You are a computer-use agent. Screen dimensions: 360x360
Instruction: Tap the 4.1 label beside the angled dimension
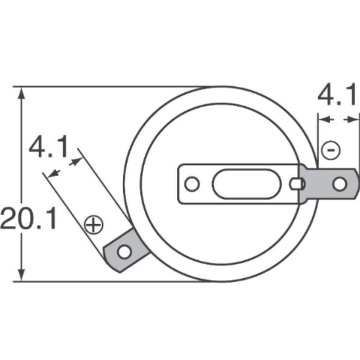pos(48,147)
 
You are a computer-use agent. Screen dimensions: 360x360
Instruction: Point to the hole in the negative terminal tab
pos(339,184)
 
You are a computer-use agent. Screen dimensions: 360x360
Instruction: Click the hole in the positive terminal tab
pos(124,252)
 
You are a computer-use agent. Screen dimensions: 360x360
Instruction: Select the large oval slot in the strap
pos(246,184)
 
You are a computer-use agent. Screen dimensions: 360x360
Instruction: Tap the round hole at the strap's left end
pos(192,184)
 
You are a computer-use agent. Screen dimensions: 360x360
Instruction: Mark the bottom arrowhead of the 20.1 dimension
pos(22,275)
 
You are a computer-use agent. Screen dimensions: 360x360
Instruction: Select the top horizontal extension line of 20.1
pos(108,87)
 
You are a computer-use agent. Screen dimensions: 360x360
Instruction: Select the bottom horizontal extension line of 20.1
pos(108,282)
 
